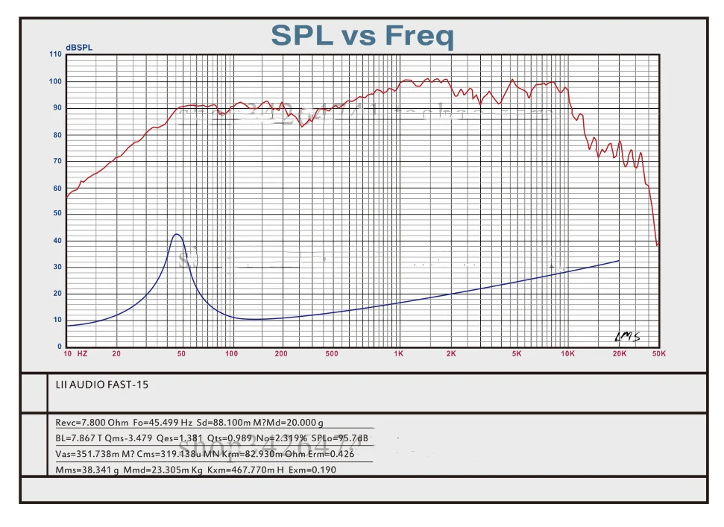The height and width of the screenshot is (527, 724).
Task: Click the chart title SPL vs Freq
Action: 362,35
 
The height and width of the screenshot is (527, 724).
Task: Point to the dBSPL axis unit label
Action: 79,48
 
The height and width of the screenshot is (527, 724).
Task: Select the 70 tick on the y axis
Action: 58,161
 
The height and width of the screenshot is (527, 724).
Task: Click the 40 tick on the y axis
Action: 58,241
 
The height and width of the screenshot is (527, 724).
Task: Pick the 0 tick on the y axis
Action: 60,347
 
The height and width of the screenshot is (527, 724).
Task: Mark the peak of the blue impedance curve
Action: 177,234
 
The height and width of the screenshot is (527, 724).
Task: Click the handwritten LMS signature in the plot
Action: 627,337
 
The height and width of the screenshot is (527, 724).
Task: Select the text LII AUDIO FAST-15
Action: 96,385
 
